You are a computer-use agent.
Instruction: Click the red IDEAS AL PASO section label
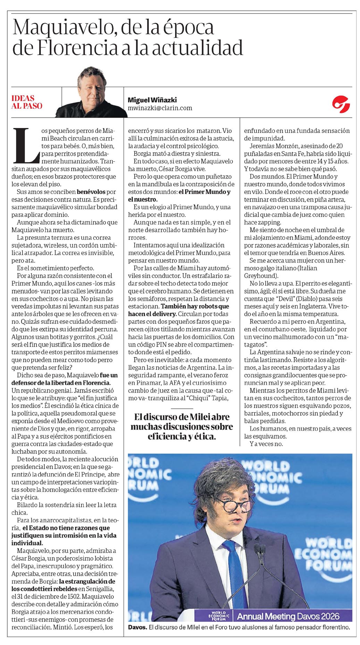tap(27, 102)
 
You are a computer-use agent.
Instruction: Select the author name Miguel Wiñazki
tap(152, 100)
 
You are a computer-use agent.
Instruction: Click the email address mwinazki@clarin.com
tap(160, 108)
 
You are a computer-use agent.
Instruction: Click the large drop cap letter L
tap(26, 145)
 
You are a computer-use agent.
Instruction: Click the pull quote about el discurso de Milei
tap(182, 426)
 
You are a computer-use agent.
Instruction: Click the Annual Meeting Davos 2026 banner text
tap(288, 616)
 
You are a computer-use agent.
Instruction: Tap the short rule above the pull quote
tap(182, 408)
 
